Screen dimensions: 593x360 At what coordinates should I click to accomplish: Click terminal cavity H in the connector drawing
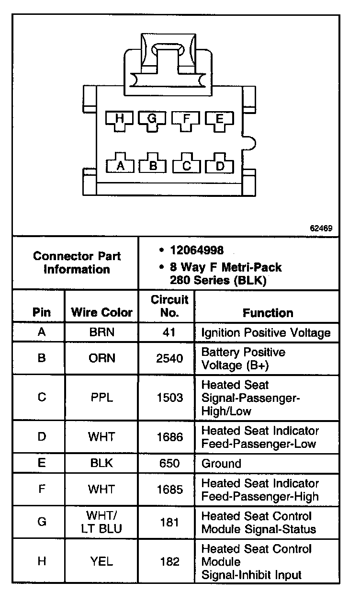pos(119,121)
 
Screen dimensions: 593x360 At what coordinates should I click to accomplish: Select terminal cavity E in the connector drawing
pos(219,121)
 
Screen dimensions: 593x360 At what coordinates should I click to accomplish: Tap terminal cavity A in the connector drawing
pos(120,164)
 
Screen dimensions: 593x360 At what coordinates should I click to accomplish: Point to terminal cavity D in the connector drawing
pos(220,164)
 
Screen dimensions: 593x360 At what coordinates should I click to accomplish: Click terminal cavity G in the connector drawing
pos(152,121)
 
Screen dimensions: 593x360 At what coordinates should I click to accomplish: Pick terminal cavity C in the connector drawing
pos(187,164)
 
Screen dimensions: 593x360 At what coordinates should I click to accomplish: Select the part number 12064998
pos(197,250)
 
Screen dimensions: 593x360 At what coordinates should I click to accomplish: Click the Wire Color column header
pos(101,313)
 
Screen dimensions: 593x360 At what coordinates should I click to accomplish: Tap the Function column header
pos(268,313)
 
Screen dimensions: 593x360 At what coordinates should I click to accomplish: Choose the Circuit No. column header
pos(169,306)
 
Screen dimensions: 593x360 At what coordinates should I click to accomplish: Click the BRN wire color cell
pos(101,332)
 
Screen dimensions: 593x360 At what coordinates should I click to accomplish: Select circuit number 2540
pos(169,358)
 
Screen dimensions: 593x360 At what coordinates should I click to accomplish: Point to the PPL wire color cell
pos(101,398)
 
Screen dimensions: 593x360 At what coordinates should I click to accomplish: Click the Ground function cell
pos(221,463)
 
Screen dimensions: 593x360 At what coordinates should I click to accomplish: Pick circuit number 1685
pos(169,490)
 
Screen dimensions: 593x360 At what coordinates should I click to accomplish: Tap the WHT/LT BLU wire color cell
pos(101,522)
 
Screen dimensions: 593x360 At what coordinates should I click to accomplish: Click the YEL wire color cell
pos(101,561)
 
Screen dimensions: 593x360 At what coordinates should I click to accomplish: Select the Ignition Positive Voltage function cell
pos(266,332)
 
